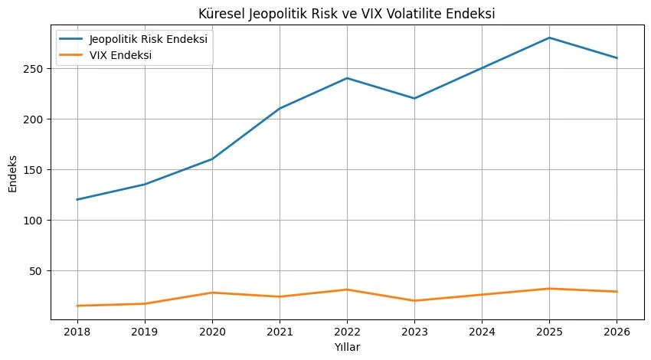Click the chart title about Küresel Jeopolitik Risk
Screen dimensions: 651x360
tap(347, 14)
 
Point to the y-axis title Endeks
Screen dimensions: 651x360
tap(13, 174)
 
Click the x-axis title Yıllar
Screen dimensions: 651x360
tap(347, 347)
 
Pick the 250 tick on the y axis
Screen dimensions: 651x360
tap(33, 68)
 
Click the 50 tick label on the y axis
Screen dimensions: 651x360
tap(37, 271)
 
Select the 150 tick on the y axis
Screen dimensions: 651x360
tap(33, 170)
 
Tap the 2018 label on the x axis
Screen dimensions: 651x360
tap(77, 332)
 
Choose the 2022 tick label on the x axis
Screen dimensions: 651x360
tap(347, 332)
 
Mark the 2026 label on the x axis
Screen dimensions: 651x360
tap(617, 332)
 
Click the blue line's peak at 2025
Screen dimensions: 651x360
tap(549, 38)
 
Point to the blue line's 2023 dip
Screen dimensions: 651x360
tap(414, 98)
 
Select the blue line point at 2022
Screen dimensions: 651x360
tap(347, 78)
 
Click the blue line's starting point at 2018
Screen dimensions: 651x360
tap(77, 199)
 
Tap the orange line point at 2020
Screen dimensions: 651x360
tap(212, 293)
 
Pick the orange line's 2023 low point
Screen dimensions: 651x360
tap(414, 300)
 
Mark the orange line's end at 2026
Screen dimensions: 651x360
tap(617, 292)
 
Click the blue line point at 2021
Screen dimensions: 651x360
tap(280, 108)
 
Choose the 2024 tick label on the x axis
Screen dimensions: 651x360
tap(482, 332)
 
